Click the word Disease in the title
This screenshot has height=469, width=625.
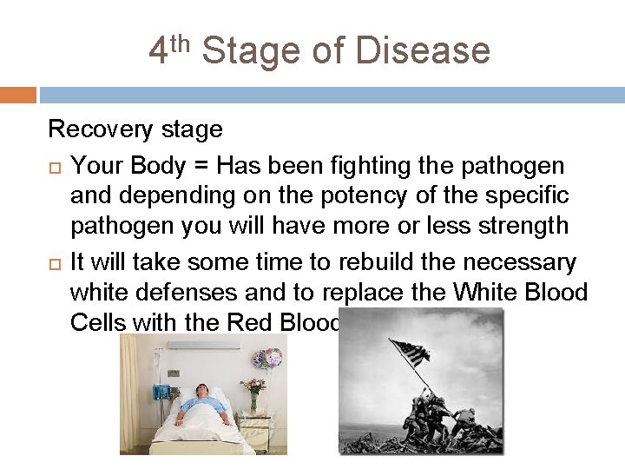[x=423, y=50]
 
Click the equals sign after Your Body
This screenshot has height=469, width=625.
[x=201, y=165]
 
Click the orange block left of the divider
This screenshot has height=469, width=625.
[x=17, y=95]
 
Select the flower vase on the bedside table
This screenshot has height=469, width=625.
[x=253, y=396]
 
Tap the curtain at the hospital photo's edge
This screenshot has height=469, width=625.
[x=131, y=391]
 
